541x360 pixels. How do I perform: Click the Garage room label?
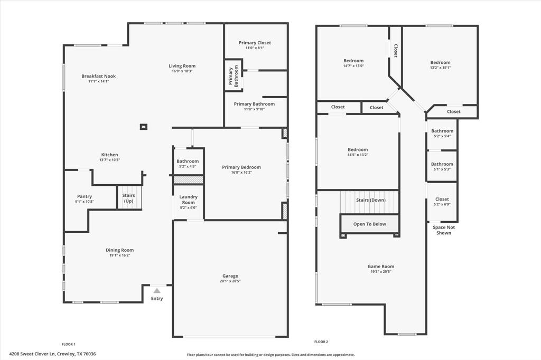230,276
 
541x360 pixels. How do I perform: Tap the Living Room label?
182,66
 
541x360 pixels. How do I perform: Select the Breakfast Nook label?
98,76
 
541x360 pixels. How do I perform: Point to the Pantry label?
85,196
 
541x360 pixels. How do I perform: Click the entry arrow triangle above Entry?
157,290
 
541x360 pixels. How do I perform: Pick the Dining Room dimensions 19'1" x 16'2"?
119,255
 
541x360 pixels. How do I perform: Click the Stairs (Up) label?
129,198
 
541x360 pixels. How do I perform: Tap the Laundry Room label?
188,200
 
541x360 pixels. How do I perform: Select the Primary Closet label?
255,43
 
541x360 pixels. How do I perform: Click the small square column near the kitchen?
143,127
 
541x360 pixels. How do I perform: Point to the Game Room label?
381,267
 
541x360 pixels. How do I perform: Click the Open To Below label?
369,224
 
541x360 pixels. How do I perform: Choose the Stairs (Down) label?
370,200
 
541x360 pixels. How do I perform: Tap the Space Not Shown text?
444,230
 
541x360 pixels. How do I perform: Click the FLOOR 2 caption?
321,342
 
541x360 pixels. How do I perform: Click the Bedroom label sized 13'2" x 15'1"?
440,62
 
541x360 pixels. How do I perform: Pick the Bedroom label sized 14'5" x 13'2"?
358,150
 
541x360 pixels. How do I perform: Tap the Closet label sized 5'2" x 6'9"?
442,199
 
